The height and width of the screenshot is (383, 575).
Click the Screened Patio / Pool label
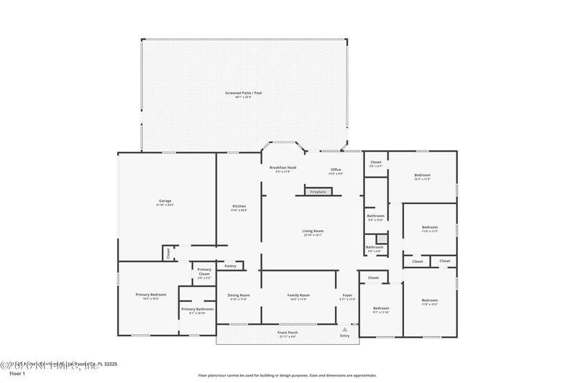(x=243, y=93)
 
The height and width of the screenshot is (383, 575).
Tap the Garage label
(x=165, y=200)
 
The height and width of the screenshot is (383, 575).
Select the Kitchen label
(x=239, y=206)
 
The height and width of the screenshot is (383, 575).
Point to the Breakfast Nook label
(x=283, y=167)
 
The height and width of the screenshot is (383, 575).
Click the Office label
(x=336, y=170)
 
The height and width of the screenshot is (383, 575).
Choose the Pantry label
(x=230, y=266)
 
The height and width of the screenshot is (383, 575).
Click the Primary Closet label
(x=204, y=272)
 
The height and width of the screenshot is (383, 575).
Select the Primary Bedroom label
(x=151, y=295)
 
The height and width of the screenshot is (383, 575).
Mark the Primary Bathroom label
(x=198, y=310)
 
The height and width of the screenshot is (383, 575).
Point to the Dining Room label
(x=239, y=295)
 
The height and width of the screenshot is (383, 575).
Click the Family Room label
(x=298, y=295)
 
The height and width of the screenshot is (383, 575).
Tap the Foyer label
(x=347, y=295)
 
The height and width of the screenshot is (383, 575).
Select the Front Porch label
(x=288, y=333)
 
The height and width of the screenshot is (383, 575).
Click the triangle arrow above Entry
(x=344, y=329)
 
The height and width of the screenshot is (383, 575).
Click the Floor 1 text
(x=17, y=374)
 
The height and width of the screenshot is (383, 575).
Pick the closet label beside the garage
(x=168, y=253)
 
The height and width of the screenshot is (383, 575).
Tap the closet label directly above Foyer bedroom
(x=373, y=277)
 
